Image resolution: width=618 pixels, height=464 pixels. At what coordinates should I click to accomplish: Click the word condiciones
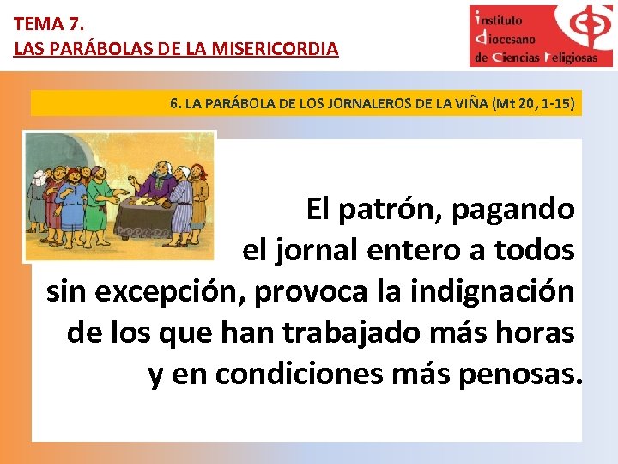coord(299,374)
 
